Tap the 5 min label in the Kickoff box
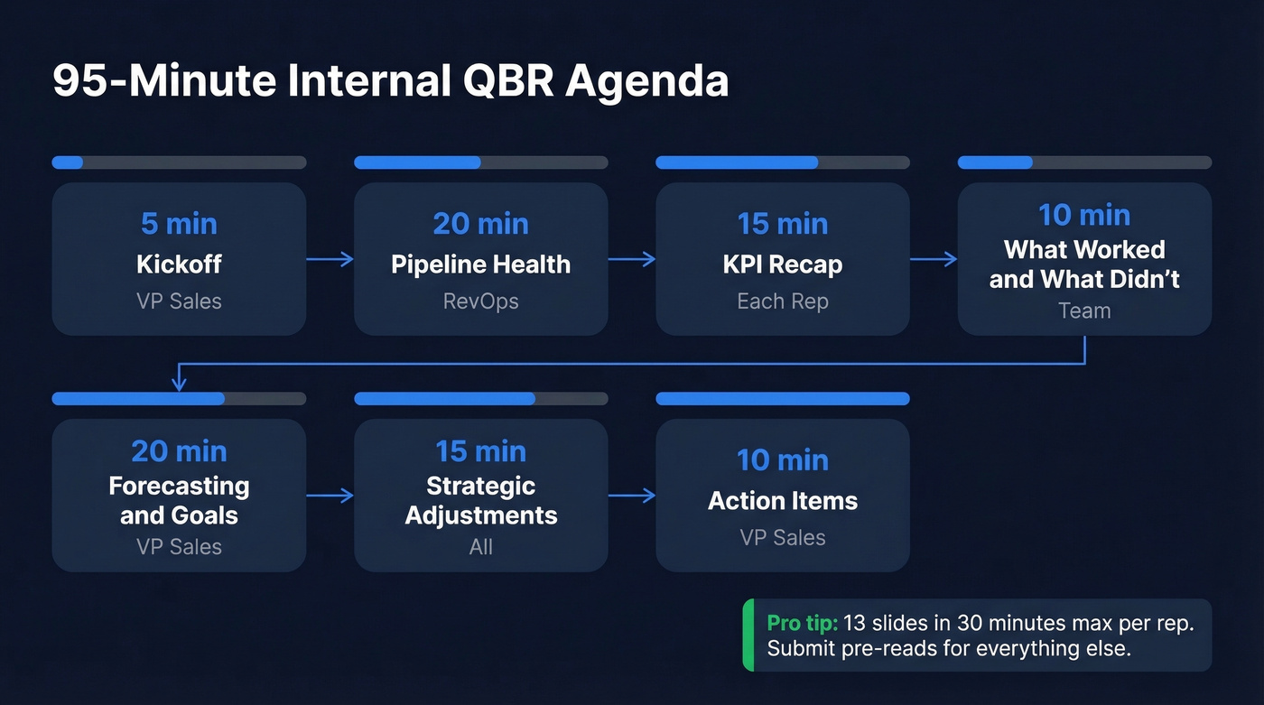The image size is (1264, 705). [179, 224]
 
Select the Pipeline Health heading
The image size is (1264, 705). [480, 264]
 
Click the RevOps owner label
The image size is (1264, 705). [480, 301]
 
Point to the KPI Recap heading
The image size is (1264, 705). [782, 264]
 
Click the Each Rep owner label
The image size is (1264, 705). [782, 301]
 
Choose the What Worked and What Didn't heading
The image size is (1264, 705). [1084, 264]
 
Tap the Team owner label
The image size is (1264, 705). [1084, 311]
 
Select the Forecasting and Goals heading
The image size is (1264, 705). [179, 500]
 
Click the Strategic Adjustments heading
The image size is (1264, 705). [480, 500]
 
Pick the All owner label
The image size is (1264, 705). [480, 547]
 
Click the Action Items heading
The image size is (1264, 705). [782, 501]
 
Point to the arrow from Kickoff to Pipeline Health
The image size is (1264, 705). [330, 260]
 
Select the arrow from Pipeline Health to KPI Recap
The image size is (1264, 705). [631, 260]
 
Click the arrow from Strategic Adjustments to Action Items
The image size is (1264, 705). [631, 496]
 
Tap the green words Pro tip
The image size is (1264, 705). [802, 624]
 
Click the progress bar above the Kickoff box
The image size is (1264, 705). [179, 162]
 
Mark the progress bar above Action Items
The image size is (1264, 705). [782, 399]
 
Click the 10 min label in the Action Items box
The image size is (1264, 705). [782, 460]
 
